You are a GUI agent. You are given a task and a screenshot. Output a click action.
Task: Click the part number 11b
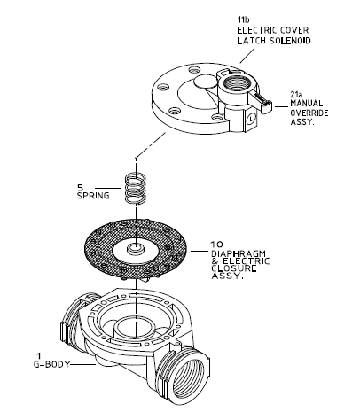(x=244, y=19)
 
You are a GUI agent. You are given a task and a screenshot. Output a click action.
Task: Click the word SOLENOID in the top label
(x=290, y=41)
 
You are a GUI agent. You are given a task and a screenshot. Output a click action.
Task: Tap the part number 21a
(x=296, y=95)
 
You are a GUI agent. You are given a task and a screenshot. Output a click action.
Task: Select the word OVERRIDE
(x=309, y=113)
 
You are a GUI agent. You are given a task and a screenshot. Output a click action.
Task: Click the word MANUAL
(x=307, y=104)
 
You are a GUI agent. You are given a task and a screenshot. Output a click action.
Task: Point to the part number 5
(x=81, y=187)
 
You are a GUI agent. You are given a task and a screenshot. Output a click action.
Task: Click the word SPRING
(x=93, y=196)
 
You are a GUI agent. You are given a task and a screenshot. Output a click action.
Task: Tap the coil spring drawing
(x=136, y=189)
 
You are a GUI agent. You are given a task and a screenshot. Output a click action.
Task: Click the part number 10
(x=217, y=245)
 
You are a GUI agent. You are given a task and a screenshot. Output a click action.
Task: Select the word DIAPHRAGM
(x=239, y=253)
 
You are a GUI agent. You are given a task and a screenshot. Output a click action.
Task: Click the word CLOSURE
(x=234, y=268)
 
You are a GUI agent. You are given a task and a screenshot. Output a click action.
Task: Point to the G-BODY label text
(x=51, y=364)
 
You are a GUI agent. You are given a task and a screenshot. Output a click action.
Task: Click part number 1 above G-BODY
(x=38, y=355)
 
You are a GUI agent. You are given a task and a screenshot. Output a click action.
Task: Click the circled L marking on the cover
(x=251, y=120)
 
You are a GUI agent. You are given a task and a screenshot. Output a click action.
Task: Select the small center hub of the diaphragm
(x=136, y=248)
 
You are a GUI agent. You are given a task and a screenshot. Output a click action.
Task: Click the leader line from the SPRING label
(x=107, y=188)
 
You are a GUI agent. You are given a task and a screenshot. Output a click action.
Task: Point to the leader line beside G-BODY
(x=83, y=365)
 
